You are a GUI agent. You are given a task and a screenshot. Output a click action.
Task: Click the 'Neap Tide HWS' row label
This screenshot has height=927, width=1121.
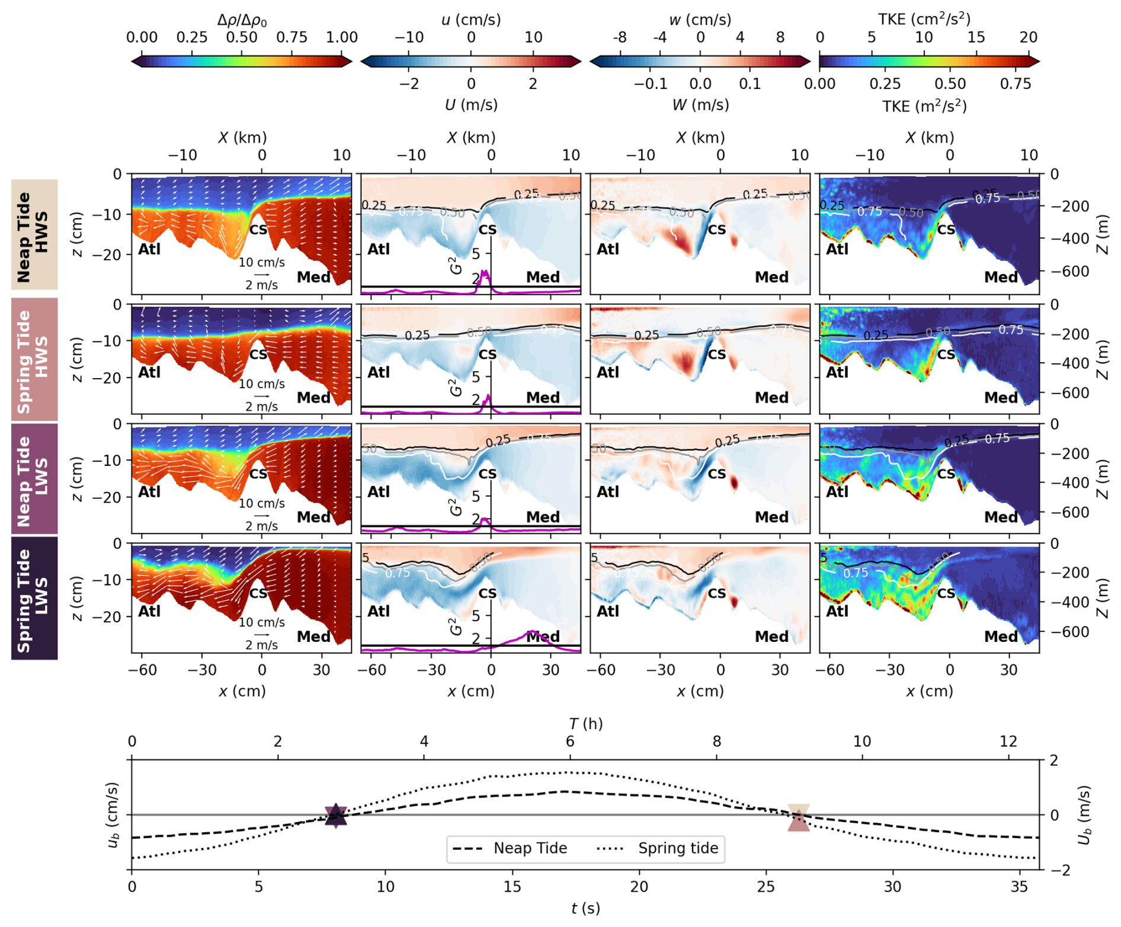point(34,235)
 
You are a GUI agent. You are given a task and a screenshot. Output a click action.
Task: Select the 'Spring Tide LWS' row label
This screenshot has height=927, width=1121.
point(34,598)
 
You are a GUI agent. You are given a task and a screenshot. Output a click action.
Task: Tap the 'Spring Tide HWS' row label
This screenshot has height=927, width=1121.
point(34,359)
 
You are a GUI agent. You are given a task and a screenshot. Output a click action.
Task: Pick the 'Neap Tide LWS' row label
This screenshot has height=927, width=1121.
point(34,479)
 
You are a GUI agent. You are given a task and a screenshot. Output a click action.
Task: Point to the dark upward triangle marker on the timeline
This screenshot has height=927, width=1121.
point(336,814)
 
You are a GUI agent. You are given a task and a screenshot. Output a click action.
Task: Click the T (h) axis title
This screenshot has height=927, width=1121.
point(585,724)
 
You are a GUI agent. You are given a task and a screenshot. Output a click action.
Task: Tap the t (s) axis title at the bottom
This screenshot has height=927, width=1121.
point(585,908)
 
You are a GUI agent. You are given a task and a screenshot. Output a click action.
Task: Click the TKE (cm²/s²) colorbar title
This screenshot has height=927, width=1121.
point(924,19)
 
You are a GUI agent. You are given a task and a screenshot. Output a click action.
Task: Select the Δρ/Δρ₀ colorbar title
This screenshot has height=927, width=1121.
point(242,20)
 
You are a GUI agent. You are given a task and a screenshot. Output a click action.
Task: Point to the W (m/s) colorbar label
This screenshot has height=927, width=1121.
point(700,105)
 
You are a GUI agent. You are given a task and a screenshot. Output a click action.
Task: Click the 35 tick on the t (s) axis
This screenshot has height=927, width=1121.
point(1019,887)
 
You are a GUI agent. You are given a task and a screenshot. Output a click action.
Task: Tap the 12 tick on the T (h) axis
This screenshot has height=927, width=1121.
point(1008,741)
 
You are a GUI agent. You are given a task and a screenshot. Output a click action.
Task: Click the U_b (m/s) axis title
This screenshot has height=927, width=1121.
point(1085,815)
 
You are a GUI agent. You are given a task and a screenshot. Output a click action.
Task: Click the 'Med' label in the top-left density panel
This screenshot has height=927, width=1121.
point(313,277)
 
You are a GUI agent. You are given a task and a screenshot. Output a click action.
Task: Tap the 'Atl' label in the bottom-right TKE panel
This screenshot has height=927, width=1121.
point(837,611)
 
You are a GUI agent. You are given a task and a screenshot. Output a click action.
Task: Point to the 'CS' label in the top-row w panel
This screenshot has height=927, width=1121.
point(716,229)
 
